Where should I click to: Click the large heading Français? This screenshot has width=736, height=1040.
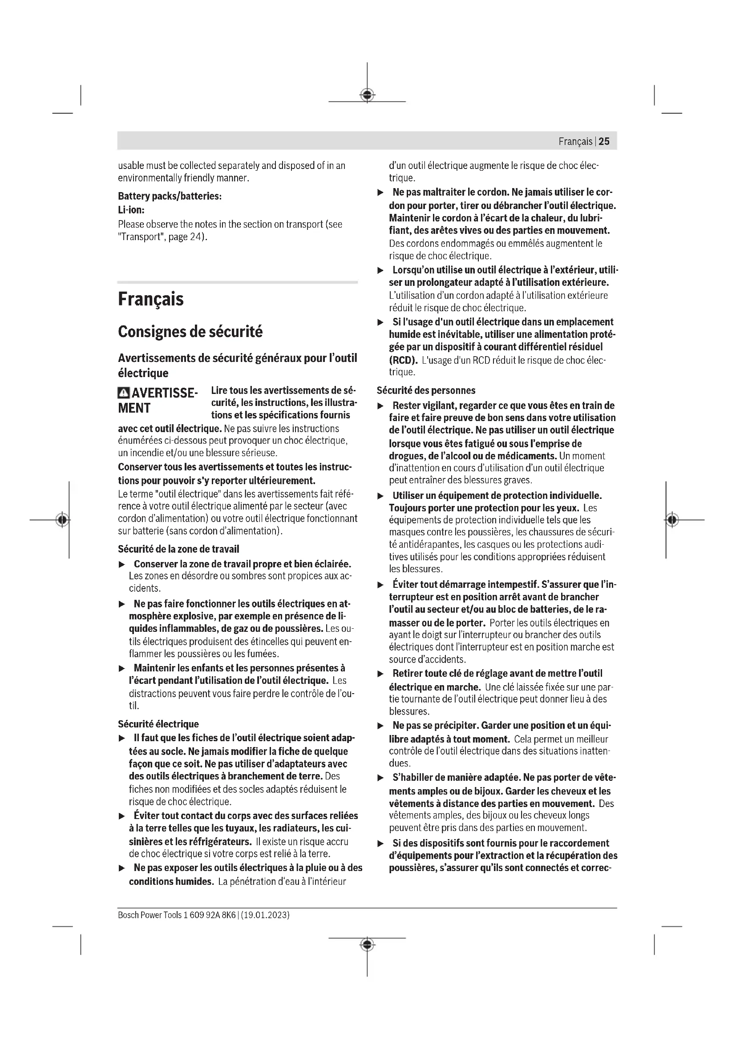click(150, 299)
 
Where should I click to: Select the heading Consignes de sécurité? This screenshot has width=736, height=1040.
click(190, 332)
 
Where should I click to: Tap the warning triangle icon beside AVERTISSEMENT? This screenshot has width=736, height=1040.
click(123, 393)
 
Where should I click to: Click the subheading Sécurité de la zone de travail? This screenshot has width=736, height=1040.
click(178, 549)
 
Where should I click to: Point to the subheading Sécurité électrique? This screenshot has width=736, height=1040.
click(158, 724)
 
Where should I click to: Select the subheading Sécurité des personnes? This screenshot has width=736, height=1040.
click(426, 390)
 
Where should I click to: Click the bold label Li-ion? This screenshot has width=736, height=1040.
click(131, 210)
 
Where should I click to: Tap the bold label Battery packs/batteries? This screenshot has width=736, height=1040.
click(170, 196)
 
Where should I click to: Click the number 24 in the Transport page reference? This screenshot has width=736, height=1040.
click(195, 237)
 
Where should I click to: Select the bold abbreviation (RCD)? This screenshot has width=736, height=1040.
click(403, 361)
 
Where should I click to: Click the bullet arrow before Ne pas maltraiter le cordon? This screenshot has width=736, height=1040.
click(381, 193)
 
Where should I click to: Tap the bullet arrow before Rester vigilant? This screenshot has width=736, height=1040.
click(381, 406)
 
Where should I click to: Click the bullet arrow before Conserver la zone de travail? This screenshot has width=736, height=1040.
click(121, 565)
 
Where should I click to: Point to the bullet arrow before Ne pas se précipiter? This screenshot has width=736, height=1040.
click(381, 726)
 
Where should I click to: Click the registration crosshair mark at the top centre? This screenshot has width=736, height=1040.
click(367, 95)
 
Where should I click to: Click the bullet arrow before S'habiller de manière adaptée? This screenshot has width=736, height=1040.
click(381, 778)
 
